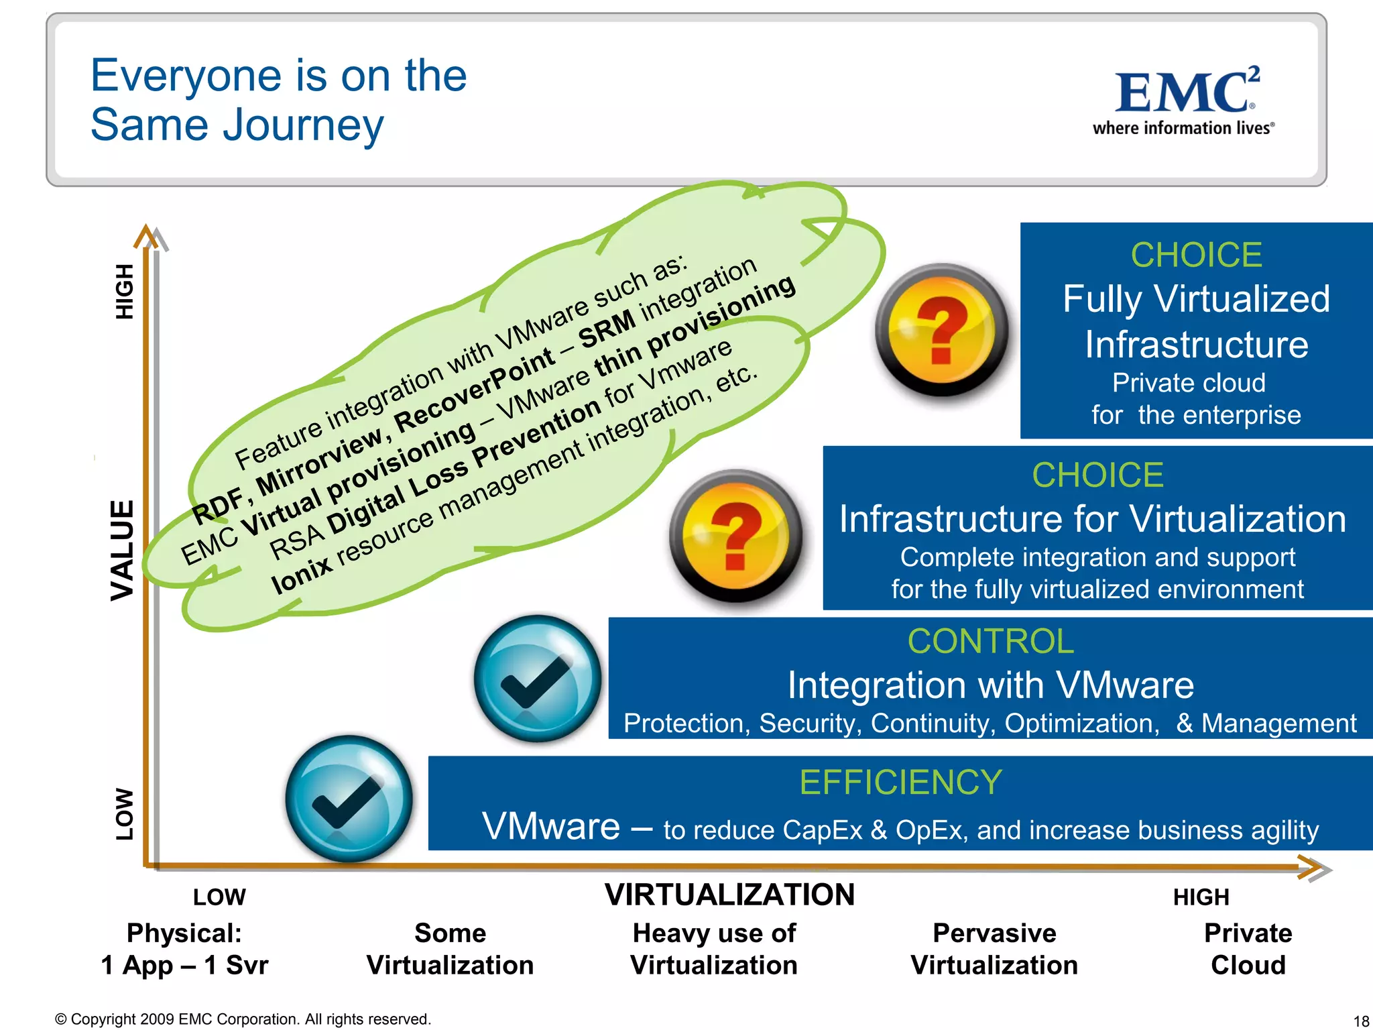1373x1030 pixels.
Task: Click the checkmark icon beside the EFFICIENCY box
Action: click(349, 799)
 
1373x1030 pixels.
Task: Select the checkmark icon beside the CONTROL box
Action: click(537, 678)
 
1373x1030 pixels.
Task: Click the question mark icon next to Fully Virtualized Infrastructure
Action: click(942, 329)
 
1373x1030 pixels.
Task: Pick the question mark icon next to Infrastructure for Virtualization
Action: click(736, 535)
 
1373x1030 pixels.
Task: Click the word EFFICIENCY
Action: click(900, 782)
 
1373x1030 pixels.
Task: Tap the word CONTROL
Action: click(990, 641)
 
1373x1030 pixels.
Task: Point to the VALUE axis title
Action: click(123, 550)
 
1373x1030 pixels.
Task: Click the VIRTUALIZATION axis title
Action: click(729, 895)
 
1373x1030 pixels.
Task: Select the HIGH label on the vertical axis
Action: click(125, 291)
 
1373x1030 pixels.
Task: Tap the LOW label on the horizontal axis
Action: click(219, 897)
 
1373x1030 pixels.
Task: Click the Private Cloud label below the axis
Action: click(1248, 949)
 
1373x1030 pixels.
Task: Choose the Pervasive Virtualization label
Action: click(994, 949)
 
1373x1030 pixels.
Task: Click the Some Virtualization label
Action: click(450, 949)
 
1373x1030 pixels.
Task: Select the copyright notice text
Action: click(243, 1019)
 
